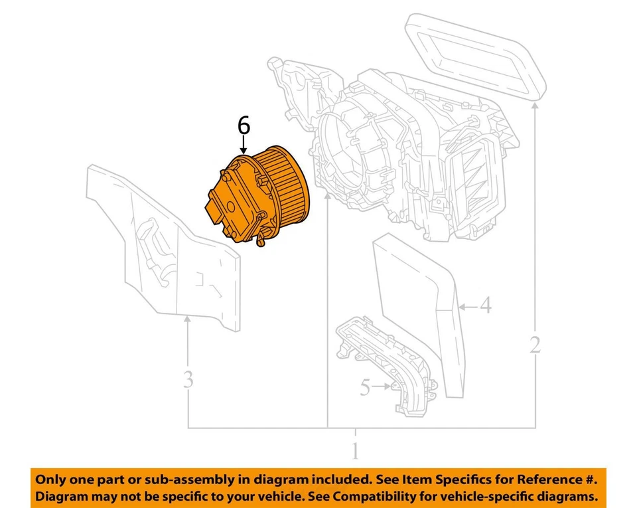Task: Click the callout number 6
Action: pos(244,126)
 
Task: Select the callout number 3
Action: pos(188,380)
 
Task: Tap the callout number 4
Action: pos(486,306)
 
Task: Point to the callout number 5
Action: pos(364,386)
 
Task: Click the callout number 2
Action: pos(535,344)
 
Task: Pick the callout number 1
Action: pos(355,451)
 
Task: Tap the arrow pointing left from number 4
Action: pos(467,307)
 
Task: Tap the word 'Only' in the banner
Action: pos(50,479)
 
